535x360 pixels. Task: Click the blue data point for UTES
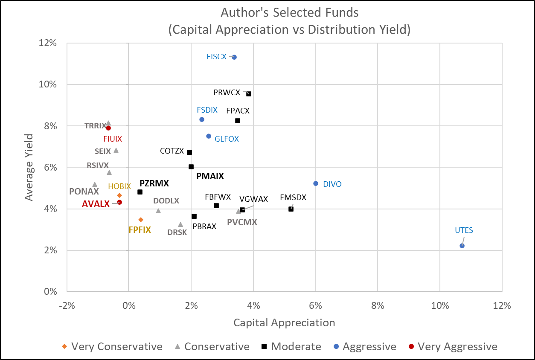462,246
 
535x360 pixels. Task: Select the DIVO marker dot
316,183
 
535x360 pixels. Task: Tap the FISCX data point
234,57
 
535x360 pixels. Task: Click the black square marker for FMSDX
291,209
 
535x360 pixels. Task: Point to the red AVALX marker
119,202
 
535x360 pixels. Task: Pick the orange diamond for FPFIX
141,220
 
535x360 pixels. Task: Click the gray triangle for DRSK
180,224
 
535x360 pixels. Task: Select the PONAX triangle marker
95,184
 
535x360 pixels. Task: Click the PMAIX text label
210,176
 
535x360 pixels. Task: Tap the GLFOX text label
227,139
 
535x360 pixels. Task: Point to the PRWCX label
227,92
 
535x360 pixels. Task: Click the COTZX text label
172,151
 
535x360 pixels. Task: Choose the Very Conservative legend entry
112,346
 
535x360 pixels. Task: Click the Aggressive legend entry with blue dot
364,346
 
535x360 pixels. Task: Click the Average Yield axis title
29,167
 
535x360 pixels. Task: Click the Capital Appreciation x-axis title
284,322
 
